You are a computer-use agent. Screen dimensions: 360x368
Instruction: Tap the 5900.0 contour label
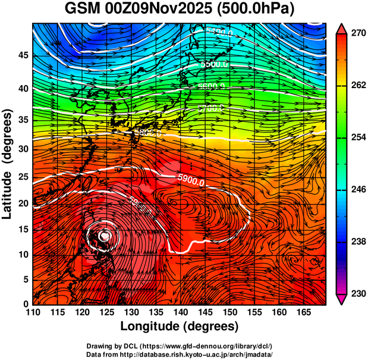pyautogui.click(x=191, y=178)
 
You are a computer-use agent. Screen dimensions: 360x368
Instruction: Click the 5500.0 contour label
pyautogui.click(x=213, y=64)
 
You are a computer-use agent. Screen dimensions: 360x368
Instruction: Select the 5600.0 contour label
pyautogui.click(x=212, y=87)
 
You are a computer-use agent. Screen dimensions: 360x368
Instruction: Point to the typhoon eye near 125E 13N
pyautogui.click(x=105, y=236)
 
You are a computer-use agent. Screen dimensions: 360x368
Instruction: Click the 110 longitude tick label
pyautogui.click(x=33, y=313)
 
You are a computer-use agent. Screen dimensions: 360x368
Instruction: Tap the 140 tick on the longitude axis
pyautogui.click(x=180, y=313)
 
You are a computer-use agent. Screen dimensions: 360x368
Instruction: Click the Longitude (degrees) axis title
pyautogui.click(x=180, y=326)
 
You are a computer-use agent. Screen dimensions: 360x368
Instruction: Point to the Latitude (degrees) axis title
pyautogui.click(x=8, y=164)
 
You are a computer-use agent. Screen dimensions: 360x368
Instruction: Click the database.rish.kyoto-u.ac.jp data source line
pyautogui.click(x=180, y=353)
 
